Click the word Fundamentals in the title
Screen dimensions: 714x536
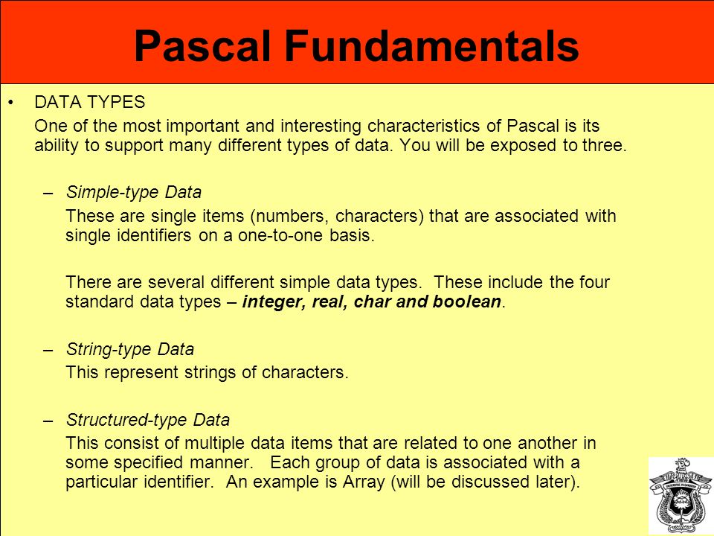click(x=431, y=45)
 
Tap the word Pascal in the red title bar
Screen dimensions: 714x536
click(x=202, y=45)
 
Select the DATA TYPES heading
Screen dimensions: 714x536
click(x=90, y=102)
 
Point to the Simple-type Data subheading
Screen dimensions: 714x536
click(x=134, y=192)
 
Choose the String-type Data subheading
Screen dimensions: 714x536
click(x=130, y=350)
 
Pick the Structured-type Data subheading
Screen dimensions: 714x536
click(x=148, y=420)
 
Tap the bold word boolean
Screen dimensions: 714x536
click(x=467, y=301)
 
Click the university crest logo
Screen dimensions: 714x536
click(x=681, y=496)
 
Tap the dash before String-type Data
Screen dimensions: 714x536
click(x=48, y=351)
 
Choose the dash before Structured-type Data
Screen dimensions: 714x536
click(x=48, y=421)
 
